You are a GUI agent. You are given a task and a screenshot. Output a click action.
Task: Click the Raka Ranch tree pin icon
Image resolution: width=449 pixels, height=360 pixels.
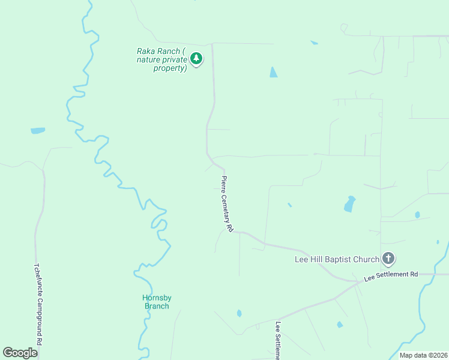click(196, 58)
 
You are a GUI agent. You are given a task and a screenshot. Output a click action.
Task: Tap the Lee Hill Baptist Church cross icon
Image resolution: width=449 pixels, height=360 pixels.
click(388, 259)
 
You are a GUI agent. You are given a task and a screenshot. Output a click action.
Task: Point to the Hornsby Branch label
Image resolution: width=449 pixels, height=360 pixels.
click(157, 302)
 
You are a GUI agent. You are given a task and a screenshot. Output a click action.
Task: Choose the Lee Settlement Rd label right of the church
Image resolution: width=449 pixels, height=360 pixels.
click(391, 275)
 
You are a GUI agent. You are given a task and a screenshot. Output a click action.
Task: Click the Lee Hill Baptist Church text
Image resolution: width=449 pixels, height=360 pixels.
click(337, 260)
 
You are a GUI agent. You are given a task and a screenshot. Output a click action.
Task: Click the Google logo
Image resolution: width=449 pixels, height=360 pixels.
click(20, 353)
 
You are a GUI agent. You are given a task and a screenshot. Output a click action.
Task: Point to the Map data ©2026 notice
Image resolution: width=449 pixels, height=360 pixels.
click(423, 355)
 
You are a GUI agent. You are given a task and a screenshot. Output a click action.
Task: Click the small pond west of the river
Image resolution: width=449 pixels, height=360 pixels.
click(38, 130)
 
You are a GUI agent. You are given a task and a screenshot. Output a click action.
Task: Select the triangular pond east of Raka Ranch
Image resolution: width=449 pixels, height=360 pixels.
click(274, 73)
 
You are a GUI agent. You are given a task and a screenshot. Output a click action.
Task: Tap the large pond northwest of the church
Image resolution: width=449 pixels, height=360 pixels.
click(349, 204)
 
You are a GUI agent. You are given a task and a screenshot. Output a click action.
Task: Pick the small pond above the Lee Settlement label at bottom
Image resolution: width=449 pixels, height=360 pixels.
click(239, 313)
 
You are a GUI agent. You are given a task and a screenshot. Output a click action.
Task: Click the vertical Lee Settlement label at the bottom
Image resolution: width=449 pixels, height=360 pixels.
click(279, 340)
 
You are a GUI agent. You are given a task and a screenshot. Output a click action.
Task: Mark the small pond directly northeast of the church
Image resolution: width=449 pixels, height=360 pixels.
click(417, 215)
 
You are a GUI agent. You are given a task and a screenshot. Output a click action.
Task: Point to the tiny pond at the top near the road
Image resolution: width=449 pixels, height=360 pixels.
click(314, 43)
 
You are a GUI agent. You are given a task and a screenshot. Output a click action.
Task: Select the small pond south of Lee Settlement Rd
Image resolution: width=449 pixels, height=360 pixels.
click(340, 325)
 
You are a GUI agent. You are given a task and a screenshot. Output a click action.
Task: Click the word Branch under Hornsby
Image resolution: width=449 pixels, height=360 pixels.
click(157, 306)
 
